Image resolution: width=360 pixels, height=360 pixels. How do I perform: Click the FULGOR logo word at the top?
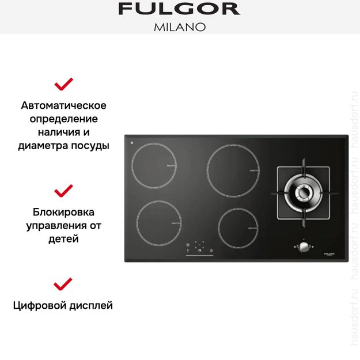[x=179, y=9]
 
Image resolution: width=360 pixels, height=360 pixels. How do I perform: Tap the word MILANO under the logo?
[x=179, y=27]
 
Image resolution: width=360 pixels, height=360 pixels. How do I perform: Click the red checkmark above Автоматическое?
[x=63, y=85]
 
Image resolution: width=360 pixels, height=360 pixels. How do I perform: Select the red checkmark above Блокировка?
[x=63, y=191]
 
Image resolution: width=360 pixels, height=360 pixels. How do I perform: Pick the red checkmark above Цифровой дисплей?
[x=63, y=283]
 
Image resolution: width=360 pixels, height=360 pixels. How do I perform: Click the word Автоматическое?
[x=63, y=106]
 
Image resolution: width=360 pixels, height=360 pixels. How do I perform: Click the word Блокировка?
[x=63, y=212]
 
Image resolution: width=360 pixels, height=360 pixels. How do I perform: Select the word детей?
[x=63, y=238]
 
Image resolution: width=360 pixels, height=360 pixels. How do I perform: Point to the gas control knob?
[x=302, y=247]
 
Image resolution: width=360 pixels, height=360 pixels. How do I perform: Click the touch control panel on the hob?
[x=199, y=249]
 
